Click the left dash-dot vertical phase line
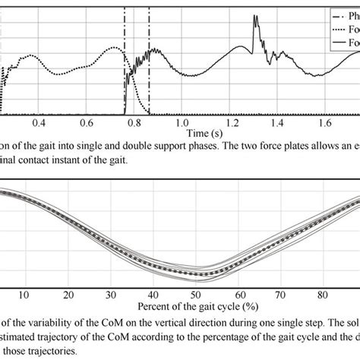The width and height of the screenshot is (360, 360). click(125, 61)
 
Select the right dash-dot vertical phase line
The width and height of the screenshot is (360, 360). click(149, 61)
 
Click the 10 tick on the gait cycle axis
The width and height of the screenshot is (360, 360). click(24, 295)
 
